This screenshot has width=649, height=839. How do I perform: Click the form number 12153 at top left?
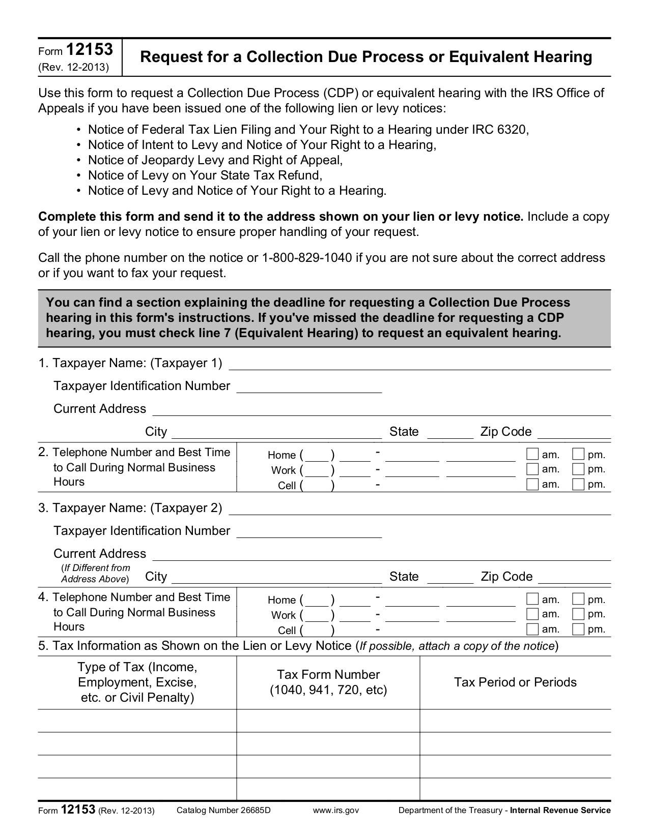pyautogui.click(x=89, y=50)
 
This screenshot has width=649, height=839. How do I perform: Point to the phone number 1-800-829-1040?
pyautogui.click(x=307, y=258)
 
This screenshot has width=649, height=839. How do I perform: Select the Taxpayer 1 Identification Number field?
pyautogui.click(x=309, y=387)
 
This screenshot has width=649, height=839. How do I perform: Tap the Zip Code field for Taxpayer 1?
pyautogui.click(x=574, y=433)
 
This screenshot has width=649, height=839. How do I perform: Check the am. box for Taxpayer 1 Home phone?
pyautogui.click(x=532, y=454)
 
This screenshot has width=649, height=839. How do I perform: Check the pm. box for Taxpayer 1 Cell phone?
pyautogui.click(x=578, y=484)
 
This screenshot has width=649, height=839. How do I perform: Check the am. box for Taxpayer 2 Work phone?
pyautogui.click(x=532, y=614)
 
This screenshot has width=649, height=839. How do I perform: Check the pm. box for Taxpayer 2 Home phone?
pyautogui.click(x=578, y=599)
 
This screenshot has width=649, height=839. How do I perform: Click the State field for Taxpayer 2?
pyautogui.click(x=450, y=578)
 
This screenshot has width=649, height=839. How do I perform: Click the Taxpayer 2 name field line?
pyautogui.click(x=420, y=509)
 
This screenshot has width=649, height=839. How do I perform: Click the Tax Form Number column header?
pyautogui.click(x=328, y=682)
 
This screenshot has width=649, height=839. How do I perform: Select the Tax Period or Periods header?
pyautogui.click(x=515, y=682)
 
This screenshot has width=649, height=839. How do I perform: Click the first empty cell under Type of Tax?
pyautogui.click(x=137, y=721)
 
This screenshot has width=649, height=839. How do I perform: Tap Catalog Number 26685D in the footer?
pyautogui.click(x=223, y=810)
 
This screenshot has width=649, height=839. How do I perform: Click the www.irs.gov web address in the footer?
pyautogui.click(x=336, y=810)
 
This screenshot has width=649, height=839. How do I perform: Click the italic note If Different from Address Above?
pyautogui.click(x=95, y=574)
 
